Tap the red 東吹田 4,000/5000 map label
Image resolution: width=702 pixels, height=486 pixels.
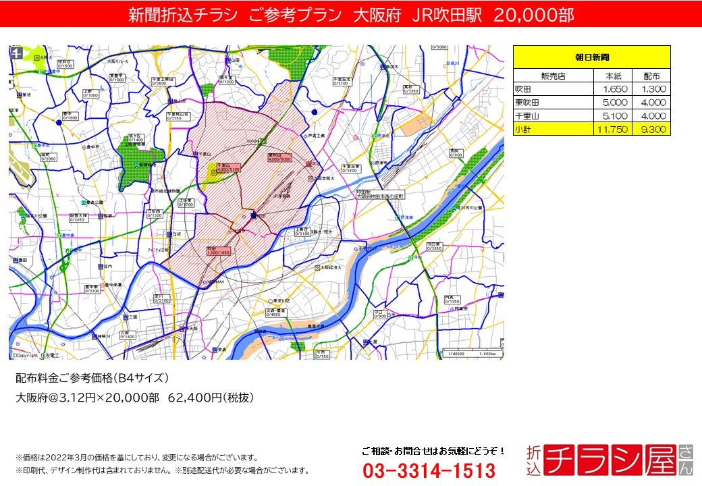tap(278, 157)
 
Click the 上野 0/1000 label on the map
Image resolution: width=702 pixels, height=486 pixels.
tap(90, 93)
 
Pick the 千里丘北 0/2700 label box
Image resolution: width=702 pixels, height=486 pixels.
tap(342, 81)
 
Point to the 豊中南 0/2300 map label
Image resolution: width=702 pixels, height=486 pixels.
tap(92, 288)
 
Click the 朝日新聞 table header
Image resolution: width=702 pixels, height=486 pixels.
tap(591, 57)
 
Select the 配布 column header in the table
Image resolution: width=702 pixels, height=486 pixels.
tap(651, 76)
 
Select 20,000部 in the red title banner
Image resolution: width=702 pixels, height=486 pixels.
tap(534, 15)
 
